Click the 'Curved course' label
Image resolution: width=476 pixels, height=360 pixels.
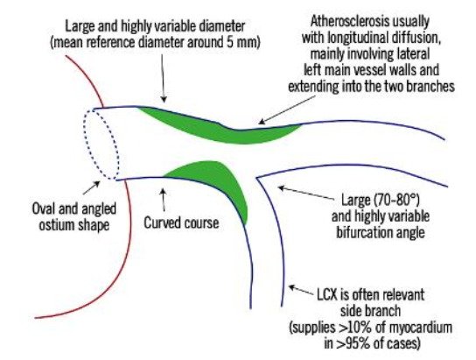pos(181,222)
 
